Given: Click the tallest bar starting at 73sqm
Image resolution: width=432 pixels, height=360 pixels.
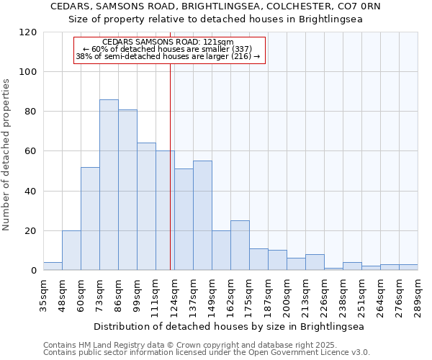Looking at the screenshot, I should pos(109,185).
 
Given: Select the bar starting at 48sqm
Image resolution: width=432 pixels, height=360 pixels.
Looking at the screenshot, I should pos(71,251).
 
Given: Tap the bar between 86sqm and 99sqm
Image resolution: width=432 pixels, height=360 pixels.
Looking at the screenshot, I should pos(127,190).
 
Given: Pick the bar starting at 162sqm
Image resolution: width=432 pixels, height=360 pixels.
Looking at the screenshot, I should pos(240,246).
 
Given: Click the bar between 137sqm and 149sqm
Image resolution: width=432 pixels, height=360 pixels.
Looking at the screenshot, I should pos(202,215).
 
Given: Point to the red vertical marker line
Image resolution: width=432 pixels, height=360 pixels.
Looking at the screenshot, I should pos(170,166).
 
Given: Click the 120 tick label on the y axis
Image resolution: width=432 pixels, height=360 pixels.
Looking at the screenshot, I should pos(28,32).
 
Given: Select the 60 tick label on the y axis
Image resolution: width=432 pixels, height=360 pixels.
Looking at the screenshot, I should pos(31,151).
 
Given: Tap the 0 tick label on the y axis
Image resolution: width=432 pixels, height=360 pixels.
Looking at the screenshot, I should pos(34,271).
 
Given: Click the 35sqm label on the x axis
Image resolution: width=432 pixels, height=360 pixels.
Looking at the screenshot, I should pos(43,293).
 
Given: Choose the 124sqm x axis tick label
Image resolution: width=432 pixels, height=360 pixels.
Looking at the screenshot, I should pos(174,293).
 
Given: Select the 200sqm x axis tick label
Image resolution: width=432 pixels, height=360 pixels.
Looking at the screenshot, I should pos(287,293).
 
